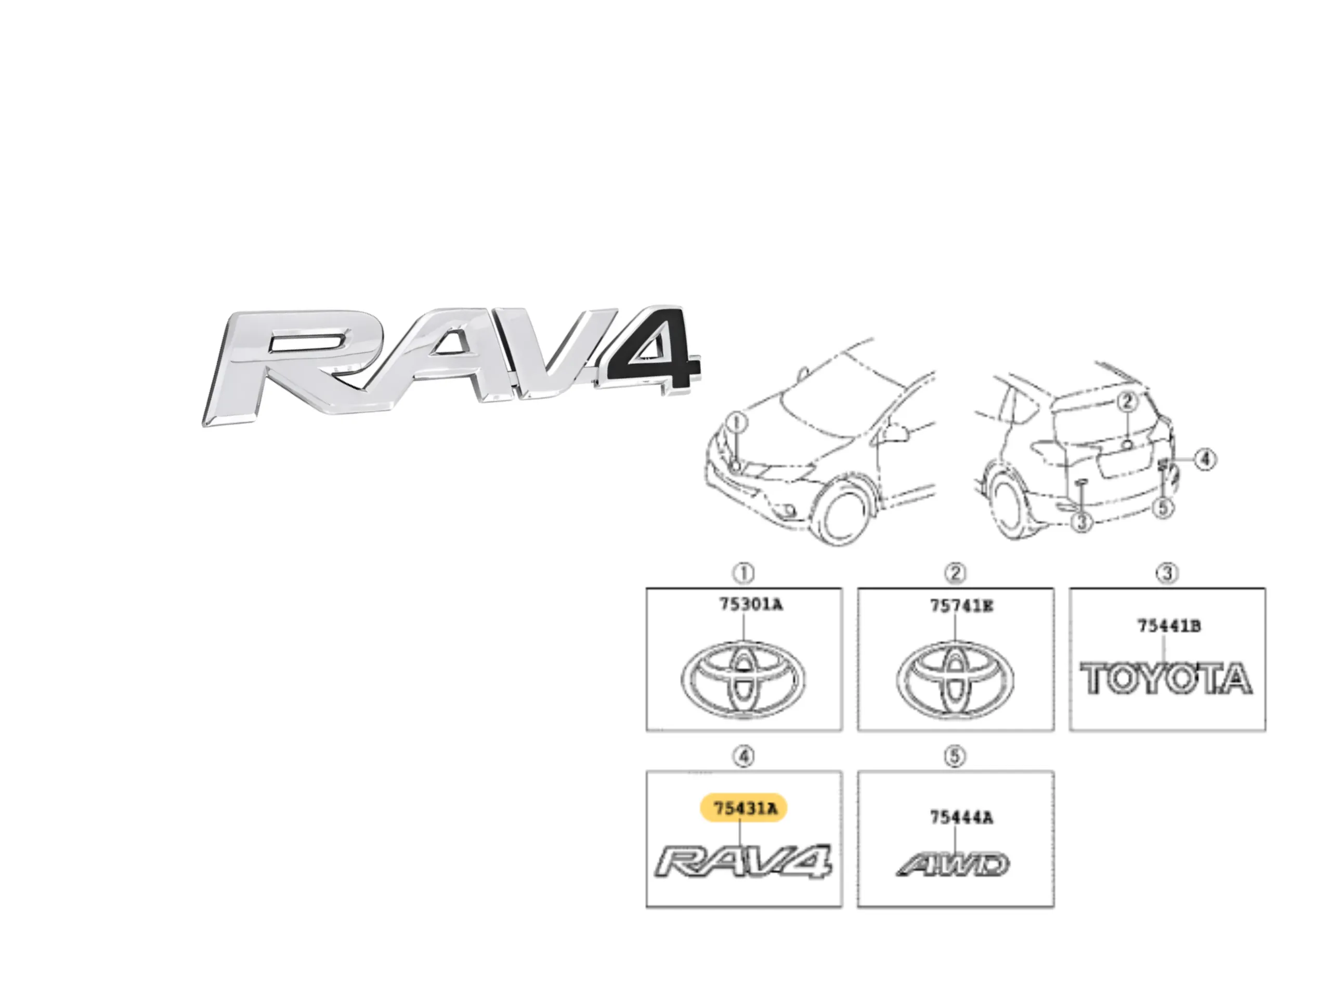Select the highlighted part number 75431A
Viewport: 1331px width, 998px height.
pos(743,808)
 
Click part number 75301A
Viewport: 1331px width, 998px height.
pos(751,604)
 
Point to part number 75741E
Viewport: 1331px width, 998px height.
pos(961,606)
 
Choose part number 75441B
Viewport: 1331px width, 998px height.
pos(1169,626)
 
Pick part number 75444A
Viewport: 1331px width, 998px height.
pos(961,817)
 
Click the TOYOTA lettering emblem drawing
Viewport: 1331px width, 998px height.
pos(1166,678)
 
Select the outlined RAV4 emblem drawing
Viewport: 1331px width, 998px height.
pos(743,861)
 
